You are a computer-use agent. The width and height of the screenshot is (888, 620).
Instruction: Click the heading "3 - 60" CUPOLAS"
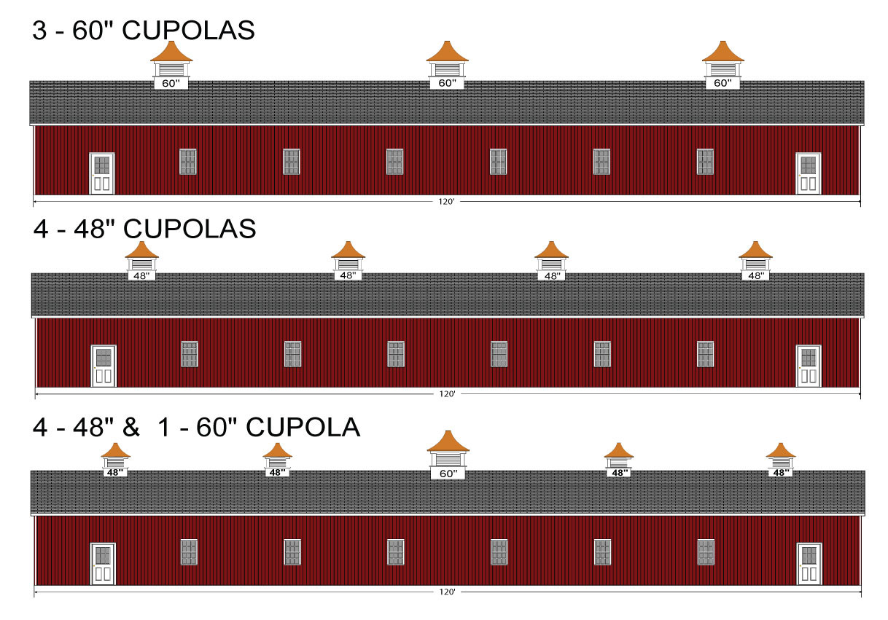coord(144,31)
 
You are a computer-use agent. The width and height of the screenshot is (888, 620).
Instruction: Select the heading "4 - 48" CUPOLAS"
coord(144,229)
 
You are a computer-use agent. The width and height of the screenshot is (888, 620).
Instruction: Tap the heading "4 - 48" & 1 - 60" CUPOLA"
coord(196,428)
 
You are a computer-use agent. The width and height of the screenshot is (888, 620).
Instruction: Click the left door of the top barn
coord(101,173)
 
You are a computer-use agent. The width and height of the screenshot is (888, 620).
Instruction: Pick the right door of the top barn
coord(808,173)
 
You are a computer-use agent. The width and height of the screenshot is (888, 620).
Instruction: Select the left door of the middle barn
coord(104,366)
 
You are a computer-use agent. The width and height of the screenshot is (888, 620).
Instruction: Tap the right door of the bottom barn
coord(809,563)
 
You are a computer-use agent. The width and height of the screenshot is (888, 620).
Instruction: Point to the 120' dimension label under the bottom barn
coord(447,592)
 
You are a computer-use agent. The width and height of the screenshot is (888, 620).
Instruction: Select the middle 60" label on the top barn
coord(447,84)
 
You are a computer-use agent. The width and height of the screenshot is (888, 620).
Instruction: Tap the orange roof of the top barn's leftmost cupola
coord(171,53)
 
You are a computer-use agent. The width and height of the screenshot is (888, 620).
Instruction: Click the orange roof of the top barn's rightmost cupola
coord(723,53)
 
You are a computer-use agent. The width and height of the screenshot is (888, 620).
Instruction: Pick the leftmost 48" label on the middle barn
coord(141,276)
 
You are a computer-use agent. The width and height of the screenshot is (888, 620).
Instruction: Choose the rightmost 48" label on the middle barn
coord(755,276)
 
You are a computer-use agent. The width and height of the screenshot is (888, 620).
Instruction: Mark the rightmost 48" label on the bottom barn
coord(781,472)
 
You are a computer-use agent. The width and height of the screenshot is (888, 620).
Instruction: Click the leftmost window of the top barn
coord(188,162)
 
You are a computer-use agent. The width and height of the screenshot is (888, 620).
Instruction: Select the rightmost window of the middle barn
coord(705,354)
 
